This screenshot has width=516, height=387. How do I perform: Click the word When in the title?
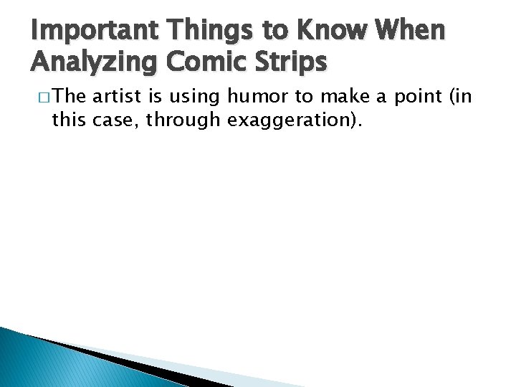[414, 32]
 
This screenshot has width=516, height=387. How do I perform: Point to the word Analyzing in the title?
[92, 62]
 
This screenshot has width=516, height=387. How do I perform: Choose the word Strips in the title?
[290, 62]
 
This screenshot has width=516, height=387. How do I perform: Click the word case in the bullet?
[115, 120]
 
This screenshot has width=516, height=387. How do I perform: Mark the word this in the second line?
[69, 120]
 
